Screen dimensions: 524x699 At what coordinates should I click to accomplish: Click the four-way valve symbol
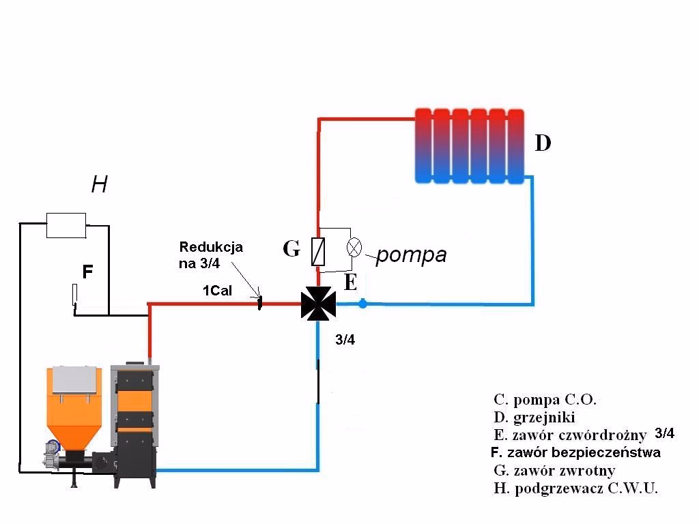coord(318,304)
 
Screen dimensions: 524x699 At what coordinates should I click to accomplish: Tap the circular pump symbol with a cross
coord(354,247)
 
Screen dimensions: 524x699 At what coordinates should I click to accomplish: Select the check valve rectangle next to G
coord(318,251)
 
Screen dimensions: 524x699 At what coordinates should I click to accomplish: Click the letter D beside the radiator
coord(543,143)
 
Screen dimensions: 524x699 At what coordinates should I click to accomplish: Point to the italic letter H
coord(99,184)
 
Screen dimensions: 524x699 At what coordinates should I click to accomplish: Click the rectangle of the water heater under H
coord(66,225)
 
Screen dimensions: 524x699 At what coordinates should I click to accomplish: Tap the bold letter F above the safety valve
coord(87,272)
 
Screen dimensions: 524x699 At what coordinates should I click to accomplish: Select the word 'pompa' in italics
coord(411,254)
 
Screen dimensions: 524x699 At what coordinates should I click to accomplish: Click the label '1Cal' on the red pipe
coord(217,291)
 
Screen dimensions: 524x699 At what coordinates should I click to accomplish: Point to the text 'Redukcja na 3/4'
coord(211,254)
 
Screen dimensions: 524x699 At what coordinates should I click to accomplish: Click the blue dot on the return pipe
coord(363,304)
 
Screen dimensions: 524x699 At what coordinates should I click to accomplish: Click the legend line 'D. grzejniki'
coord(534,417)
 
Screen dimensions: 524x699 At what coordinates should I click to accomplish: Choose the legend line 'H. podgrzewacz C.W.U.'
coord(575,488)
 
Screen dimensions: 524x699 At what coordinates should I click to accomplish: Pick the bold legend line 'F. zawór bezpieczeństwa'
coord(575,452)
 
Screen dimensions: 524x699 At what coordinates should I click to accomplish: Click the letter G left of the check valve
coord(291,249)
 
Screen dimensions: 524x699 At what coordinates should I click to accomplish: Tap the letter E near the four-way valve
coord(350,283)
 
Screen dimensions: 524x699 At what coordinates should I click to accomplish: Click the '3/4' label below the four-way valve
coord(345,340)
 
